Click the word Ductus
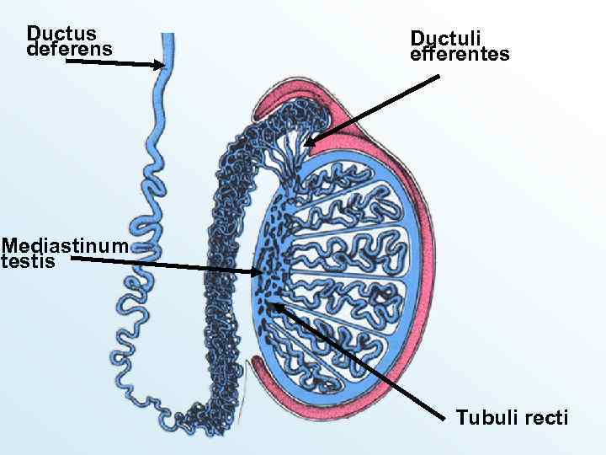pos(61,34)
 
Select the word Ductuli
pos(445,39)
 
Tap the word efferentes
pos(460,56)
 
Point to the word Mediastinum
pos(65,246)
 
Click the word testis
pos(28,262)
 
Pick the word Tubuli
pos(482,418)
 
